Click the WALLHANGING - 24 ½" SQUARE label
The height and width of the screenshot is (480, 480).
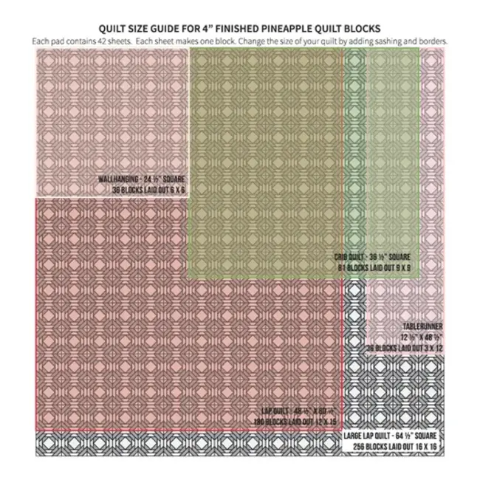[141, 179]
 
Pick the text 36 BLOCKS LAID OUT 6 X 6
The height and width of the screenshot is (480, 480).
[144, 190]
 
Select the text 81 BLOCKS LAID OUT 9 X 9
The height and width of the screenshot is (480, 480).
[374, 267]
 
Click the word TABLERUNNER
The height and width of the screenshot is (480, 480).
[422, 326]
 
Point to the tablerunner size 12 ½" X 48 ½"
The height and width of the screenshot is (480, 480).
[420, 337]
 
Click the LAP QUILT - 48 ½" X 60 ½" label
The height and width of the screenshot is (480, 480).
[298, 411]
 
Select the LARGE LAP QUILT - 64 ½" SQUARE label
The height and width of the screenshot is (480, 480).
[393, 437]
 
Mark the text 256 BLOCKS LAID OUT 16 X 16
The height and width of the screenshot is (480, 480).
[394, 448]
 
